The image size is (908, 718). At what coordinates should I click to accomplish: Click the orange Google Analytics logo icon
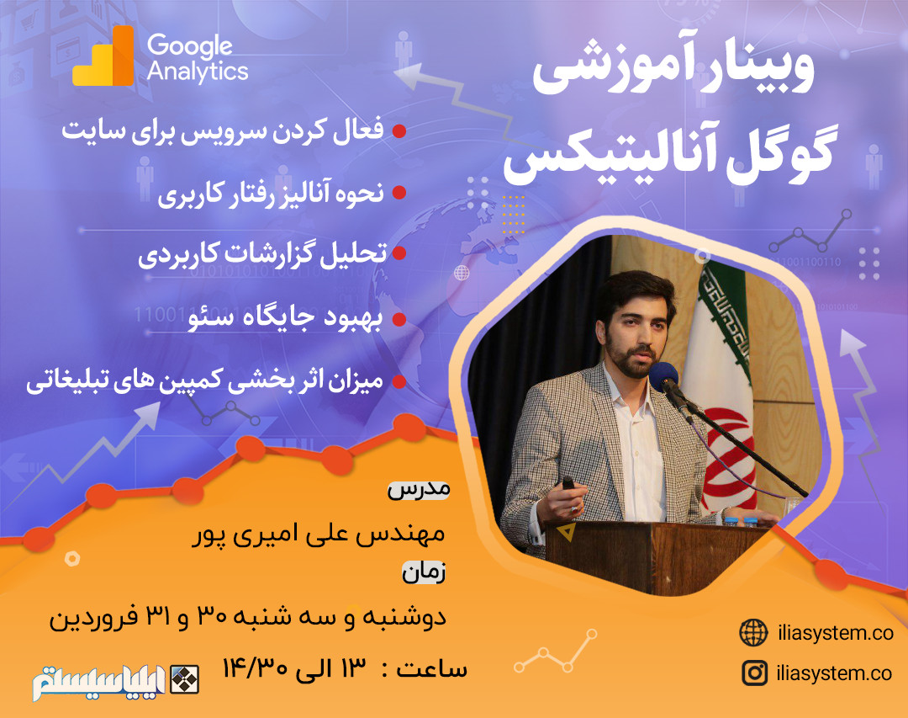pyautogui.click(x=103, y=57)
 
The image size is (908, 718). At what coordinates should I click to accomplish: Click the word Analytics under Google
pyautogui.click(x=198, y=71)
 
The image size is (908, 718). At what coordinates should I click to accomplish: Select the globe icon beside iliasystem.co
pyautogui.click(x=753, y=632)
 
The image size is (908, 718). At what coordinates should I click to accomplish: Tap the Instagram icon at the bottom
pyautogui.click(x=754, y=673)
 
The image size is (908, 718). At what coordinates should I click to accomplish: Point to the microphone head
pyautogui.click(x=663, y=376)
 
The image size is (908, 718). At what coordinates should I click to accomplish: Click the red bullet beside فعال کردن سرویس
pyautogui.click(x=400, y=131)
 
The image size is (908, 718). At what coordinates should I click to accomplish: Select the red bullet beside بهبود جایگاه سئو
pyautogui.click(x=400, y=319)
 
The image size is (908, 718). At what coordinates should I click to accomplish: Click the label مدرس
pyautogui.click(x=419, y=489)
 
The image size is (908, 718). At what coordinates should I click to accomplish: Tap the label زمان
pyautogui.click(x=423, y=574)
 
